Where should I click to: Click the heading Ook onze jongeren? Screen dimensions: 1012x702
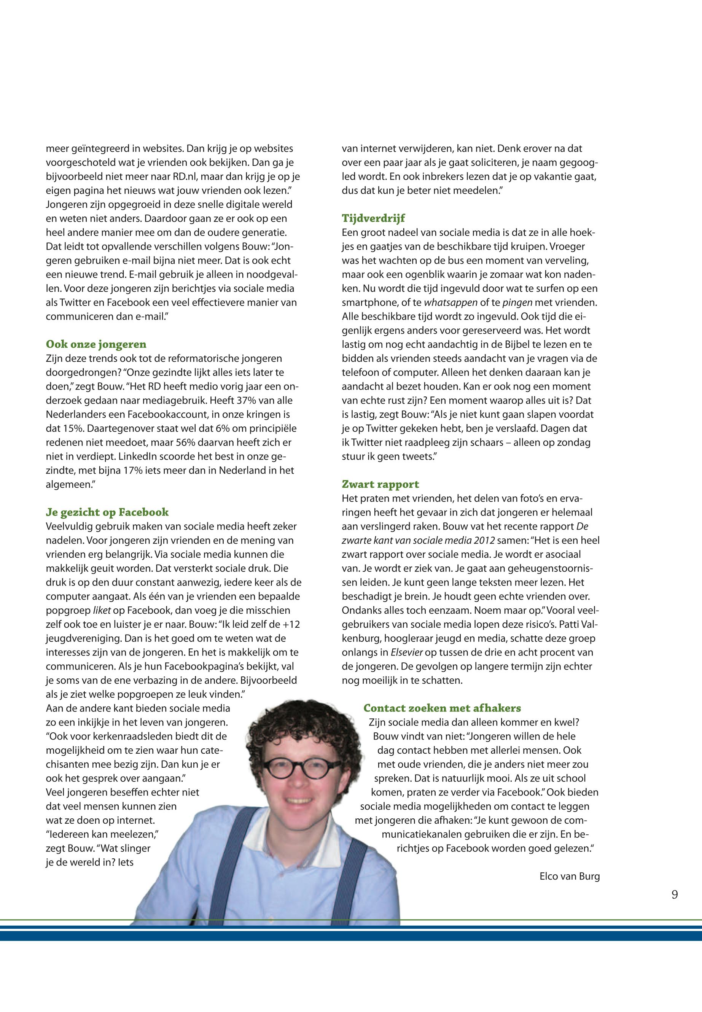pyautogui.click(x=96, y=344)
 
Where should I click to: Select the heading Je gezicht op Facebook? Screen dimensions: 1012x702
pyautogui.click(x=107, y=512)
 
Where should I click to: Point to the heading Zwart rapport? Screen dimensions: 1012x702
pyautogui.click(x=380, y=484)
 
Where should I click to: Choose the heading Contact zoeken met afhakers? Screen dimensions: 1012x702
pyautogui.click(x=442, y=708)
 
